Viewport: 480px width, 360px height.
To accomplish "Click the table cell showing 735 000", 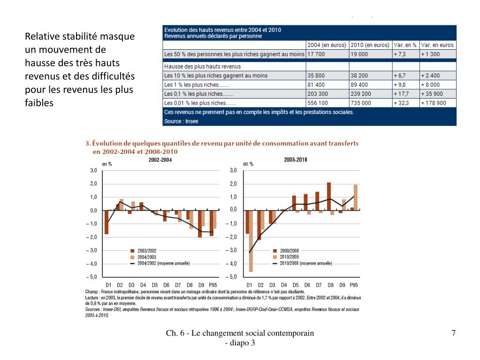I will [361, 103].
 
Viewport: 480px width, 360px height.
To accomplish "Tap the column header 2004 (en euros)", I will [327, 45].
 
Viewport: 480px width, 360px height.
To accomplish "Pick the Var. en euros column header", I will [437, 45].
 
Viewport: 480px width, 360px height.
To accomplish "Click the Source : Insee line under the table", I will [181, 121].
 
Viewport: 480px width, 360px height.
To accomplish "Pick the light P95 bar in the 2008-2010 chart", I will [356, 197].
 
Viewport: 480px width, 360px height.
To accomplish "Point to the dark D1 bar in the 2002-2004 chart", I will [107, 222].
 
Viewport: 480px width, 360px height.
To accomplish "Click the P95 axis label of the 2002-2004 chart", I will [213, 285].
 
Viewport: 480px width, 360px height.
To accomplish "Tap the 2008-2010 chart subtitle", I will [296, 160].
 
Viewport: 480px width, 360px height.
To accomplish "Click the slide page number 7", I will [453, 333].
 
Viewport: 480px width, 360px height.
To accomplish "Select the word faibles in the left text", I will [39, 102].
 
